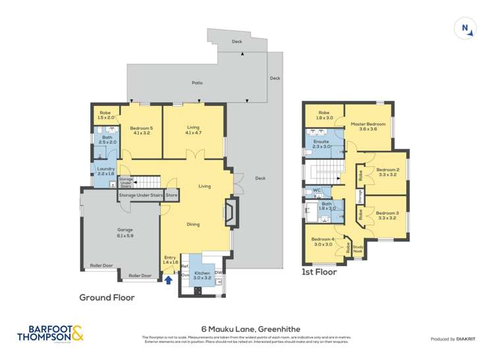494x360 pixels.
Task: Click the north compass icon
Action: tap(465, 28)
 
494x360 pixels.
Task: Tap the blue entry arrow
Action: tap(169, 279)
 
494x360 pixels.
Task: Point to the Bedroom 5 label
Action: tap(141, 130)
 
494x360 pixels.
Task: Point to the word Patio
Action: tap(197, 83)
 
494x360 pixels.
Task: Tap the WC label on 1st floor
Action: tap(317, 192)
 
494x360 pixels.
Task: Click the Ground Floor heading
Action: tap(107, 297)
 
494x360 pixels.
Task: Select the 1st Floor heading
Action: tap(319, 272)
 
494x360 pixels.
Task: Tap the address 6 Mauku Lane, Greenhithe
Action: tap(246, 328)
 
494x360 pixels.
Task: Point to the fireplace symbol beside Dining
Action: tap(229, 213)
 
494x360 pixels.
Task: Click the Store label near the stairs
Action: tap(171, 195)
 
